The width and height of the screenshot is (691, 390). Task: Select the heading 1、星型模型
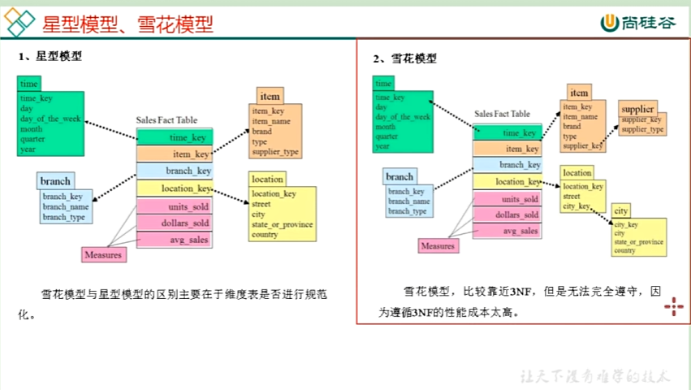pyautogui.click(x=50, y=57)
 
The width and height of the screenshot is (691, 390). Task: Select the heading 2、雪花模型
pyautogui.click(x=405, y=58)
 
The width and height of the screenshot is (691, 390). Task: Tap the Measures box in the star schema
pyautogui.click(x=104, y=255)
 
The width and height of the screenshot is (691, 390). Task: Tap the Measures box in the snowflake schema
pyautogui.click(x=438, y=246)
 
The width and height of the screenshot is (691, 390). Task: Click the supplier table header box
pyautogui.click(x=637, y=109)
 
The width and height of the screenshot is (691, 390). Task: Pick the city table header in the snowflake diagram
pyautogui.click(x=621, y=210)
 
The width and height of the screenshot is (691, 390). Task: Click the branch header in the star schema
pyautogui.click(x=55, y=180)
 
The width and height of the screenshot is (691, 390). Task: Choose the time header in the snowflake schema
pyautogui.click(x=382, y=83)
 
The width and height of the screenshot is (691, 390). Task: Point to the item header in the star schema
pyautogui.click(x=270, y=97)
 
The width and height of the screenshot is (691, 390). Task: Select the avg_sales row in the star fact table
pyautogui.click(x=175, y=240)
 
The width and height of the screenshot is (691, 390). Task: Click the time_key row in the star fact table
pyautogui.click(x=175, y=138)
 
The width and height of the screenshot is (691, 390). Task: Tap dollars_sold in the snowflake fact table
pyautogui.click(x=507, y=215)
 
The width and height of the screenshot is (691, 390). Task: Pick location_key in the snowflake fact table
pyautogui.click(x=507, y=182)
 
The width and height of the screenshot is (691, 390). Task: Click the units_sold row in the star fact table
pyautogui.click(x=175, y=206)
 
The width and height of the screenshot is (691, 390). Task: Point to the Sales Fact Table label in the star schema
pyautogui.click(x=166, y=120)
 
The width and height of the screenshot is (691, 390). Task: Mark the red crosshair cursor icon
pyautogui.click(x=673, y=305)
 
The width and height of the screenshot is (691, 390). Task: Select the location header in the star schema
pyautogui.click(x=267, y=179)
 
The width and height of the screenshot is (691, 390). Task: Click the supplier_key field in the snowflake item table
pyautogui.click(x=582, y=146)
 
